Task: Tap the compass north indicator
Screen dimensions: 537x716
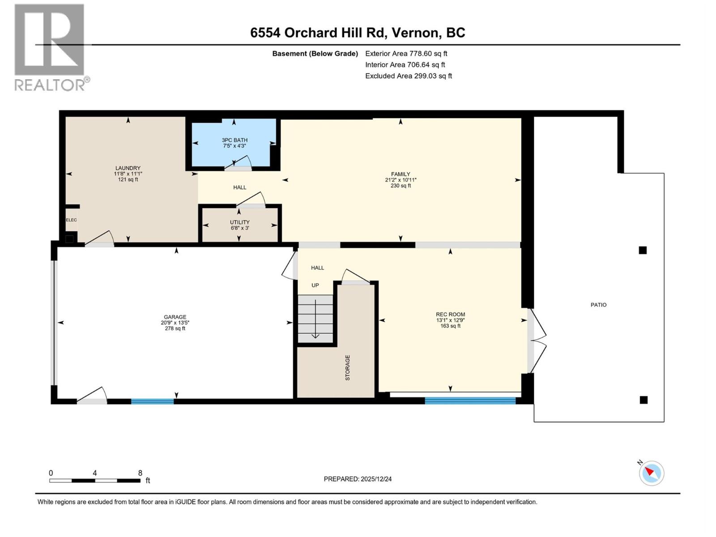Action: point(651,473)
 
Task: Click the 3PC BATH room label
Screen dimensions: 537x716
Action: point(234,140)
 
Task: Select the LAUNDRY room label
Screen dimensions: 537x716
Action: point(128,168)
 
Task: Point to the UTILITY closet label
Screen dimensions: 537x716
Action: point(240,222)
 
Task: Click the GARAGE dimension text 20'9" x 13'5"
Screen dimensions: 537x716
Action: point(175,323)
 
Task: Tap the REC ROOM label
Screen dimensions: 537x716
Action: point(450,315)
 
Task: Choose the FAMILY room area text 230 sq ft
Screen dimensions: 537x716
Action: point(401,186)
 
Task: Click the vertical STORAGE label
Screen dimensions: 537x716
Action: point(348,368)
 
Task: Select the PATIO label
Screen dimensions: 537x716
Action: point(598,305)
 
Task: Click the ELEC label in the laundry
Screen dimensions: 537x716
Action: point(72,220)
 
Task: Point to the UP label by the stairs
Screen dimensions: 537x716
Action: point(315,286)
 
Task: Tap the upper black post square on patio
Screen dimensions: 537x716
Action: point(643,250)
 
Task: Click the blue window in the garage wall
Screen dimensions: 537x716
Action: point(152,401)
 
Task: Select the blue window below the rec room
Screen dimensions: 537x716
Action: point(470,401)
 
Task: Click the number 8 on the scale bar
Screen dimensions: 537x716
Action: point(140,473)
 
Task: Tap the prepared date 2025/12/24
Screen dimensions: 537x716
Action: point(376,479)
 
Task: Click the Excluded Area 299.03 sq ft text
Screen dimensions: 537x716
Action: point(408,76)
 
